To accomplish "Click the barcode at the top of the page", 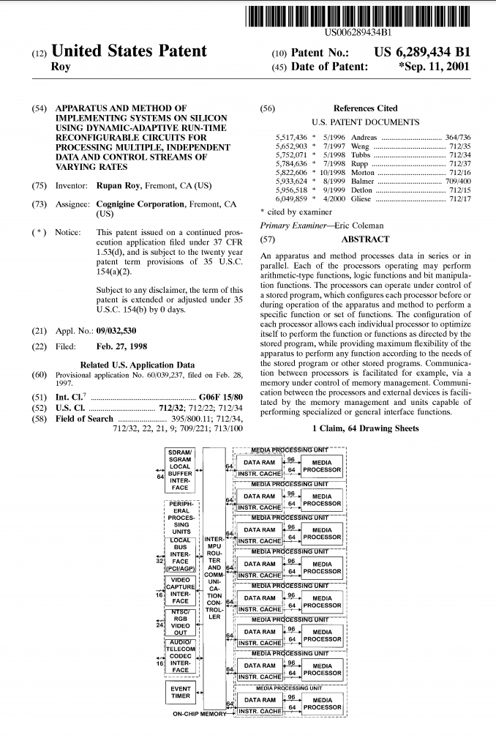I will (358, 17).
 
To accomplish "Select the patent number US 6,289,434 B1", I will (422, 53).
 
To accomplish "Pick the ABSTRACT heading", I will (365, 239).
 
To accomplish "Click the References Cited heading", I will (365, 108).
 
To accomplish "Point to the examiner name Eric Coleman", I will (358, 226).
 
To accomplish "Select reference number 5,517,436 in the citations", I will (291, 138).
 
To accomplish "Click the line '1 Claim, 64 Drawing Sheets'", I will (365, 428).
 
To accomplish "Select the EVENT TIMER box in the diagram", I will (181, 692).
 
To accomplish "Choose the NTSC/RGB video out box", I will (180, 623).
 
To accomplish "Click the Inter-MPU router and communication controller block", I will (214, 578).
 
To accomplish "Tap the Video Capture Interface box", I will (180, 593).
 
